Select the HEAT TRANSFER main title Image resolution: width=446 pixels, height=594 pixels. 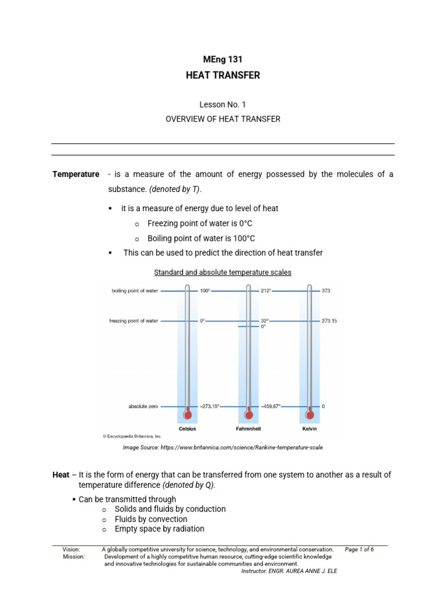[223, 75]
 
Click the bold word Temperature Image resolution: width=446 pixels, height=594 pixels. [76, 175]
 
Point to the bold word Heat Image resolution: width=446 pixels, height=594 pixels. [60, 475]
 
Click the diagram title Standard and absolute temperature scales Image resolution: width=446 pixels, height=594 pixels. [222, 272]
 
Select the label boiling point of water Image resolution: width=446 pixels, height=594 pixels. [135, 291]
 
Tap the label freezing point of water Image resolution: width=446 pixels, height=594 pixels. [134, 321]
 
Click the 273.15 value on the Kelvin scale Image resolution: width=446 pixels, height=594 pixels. [330, 321]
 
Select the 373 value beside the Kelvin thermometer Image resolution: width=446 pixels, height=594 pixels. [326, 291]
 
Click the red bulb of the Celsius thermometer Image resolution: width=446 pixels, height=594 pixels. [187, 414]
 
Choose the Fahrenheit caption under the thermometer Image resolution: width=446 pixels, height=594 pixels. [249, 429]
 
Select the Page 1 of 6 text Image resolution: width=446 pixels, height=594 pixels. [359, 549]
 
